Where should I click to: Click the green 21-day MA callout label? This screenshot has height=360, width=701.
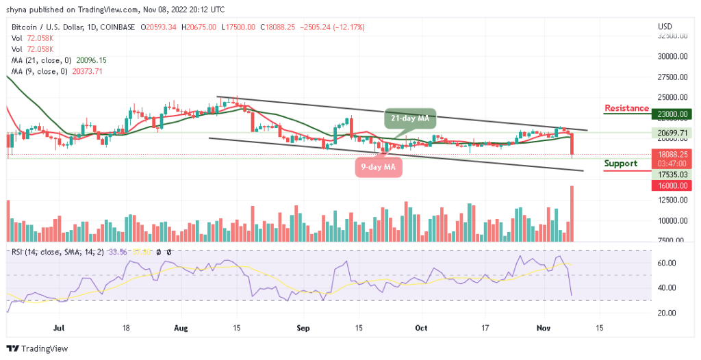(x=409, y=118)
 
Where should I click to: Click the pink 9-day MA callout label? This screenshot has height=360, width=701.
(x=379, y=166)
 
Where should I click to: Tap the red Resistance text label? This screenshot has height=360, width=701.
(x=626, y=108)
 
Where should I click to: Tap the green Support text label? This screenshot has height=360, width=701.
(x=621, y=164)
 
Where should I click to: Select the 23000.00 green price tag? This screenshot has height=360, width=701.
(x=672, y=114)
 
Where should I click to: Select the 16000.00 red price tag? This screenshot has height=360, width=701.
(x=672, y=185)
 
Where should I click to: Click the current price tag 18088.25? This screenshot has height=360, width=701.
(x=672, y=155)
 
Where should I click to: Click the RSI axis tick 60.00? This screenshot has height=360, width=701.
(x=666, y=263)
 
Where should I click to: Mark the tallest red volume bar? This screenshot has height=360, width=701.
(x=572, y=213)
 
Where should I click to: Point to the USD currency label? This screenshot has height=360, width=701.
(x=664, y=27)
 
